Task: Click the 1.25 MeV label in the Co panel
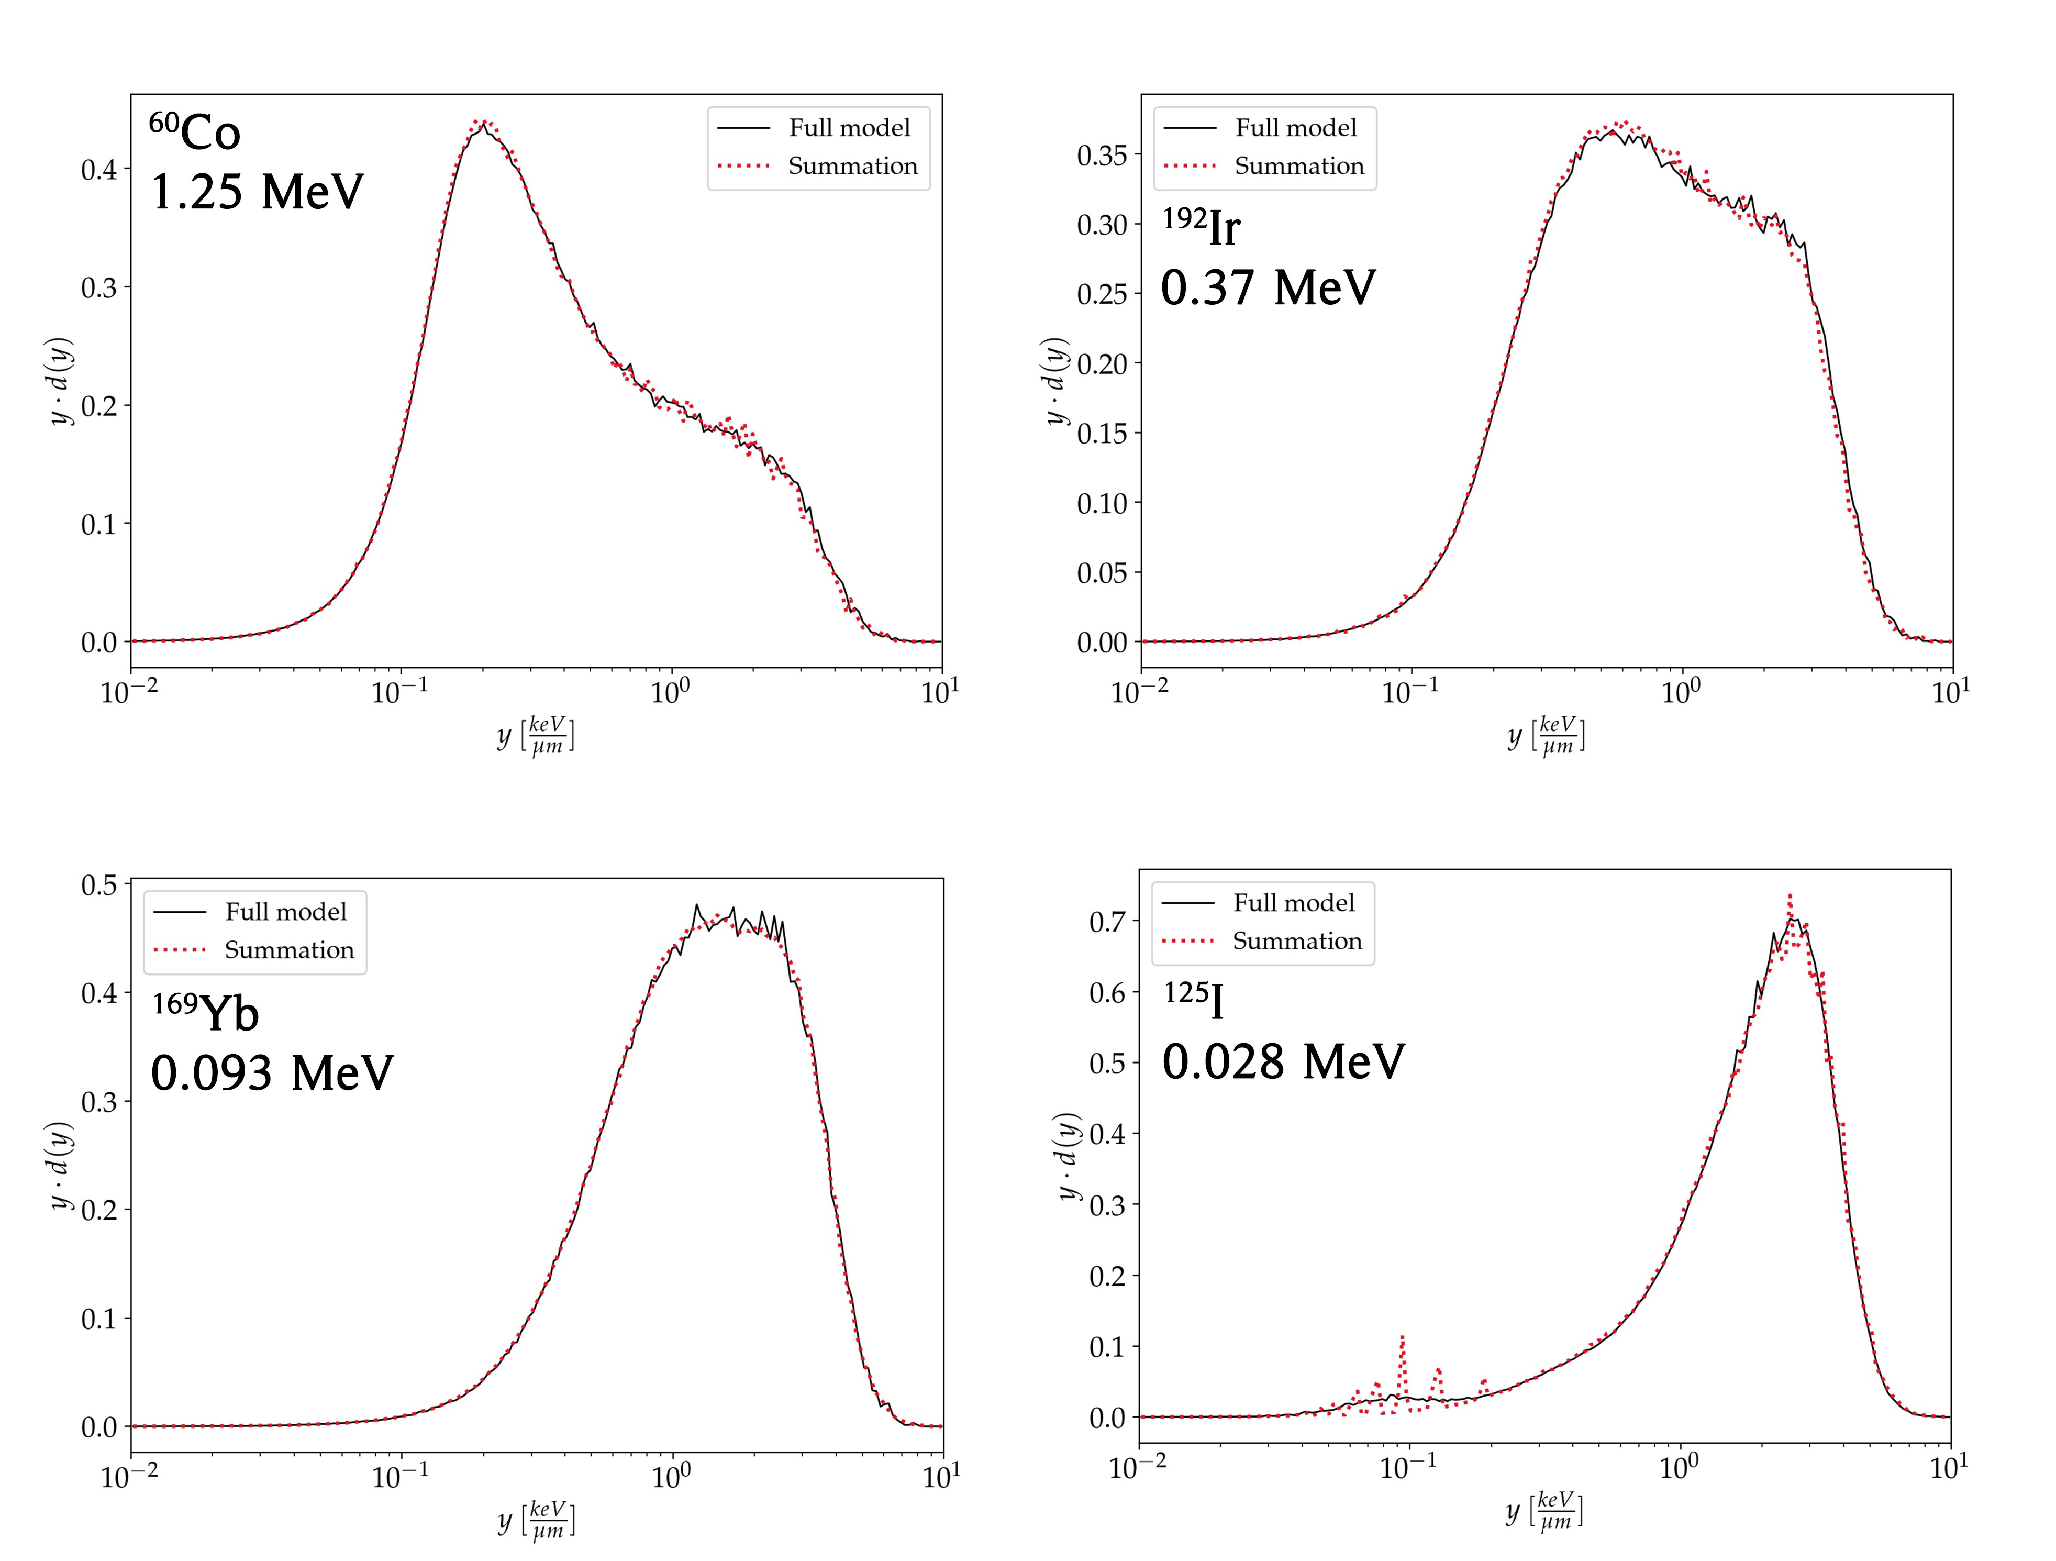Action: click(x=257, y=193)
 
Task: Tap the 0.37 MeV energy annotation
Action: click(x=1268, y=287)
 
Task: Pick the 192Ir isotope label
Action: click(x=1201, y=226)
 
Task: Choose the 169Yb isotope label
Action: click(x=205, y=1012)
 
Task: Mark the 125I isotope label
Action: click(x=1194, y=1000)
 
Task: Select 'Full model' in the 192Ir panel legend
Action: click(x=1296, y=127)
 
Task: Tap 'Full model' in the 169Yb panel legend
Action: click(x=285, y=911)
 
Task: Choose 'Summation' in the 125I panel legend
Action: click(x=1297, y=941)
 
